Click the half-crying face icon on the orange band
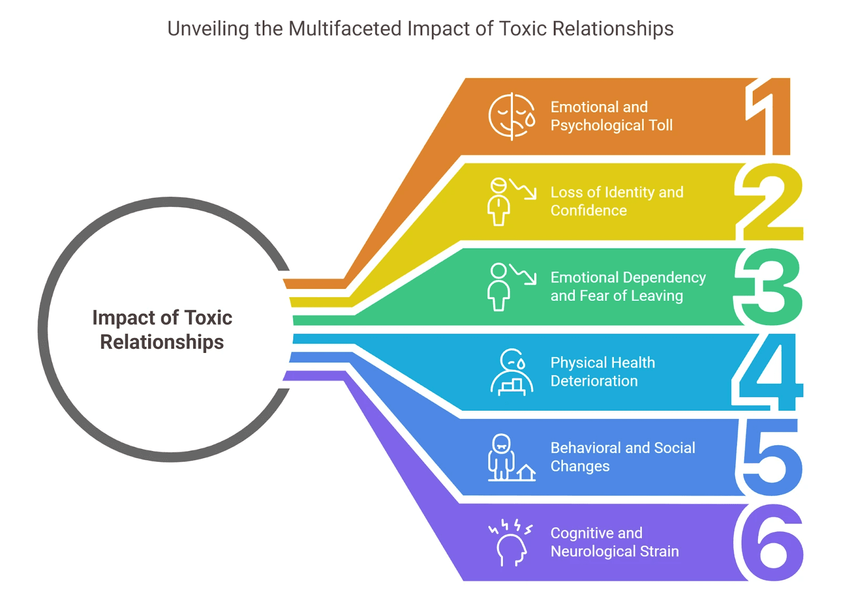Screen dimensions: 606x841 [x=511, y=117]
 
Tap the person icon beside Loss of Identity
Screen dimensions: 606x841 [x=499, y=202]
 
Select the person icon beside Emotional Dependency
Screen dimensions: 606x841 [x=499, y=287]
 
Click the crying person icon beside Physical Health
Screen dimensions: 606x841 [x=511, y=372]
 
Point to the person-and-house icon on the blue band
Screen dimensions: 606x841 [x=511, y=457]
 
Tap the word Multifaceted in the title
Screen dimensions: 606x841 [x=345, y=29]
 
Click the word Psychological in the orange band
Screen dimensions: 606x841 [x=597, y=126]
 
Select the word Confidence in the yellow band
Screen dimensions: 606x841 [x=589, y=211]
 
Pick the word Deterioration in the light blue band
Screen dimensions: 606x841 [x=594, y=381]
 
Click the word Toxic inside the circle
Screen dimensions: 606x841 [x=209, y=318]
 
